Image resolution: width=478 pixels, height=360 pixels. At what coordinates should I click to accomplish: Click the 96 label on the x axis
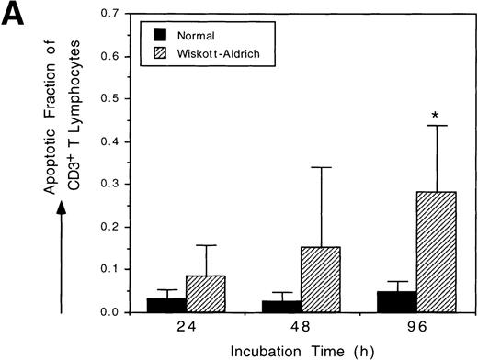coord(402,326)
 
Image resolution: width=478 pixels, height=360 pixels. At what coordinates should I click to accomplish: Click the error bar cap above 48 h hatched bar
coord(313,167)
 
